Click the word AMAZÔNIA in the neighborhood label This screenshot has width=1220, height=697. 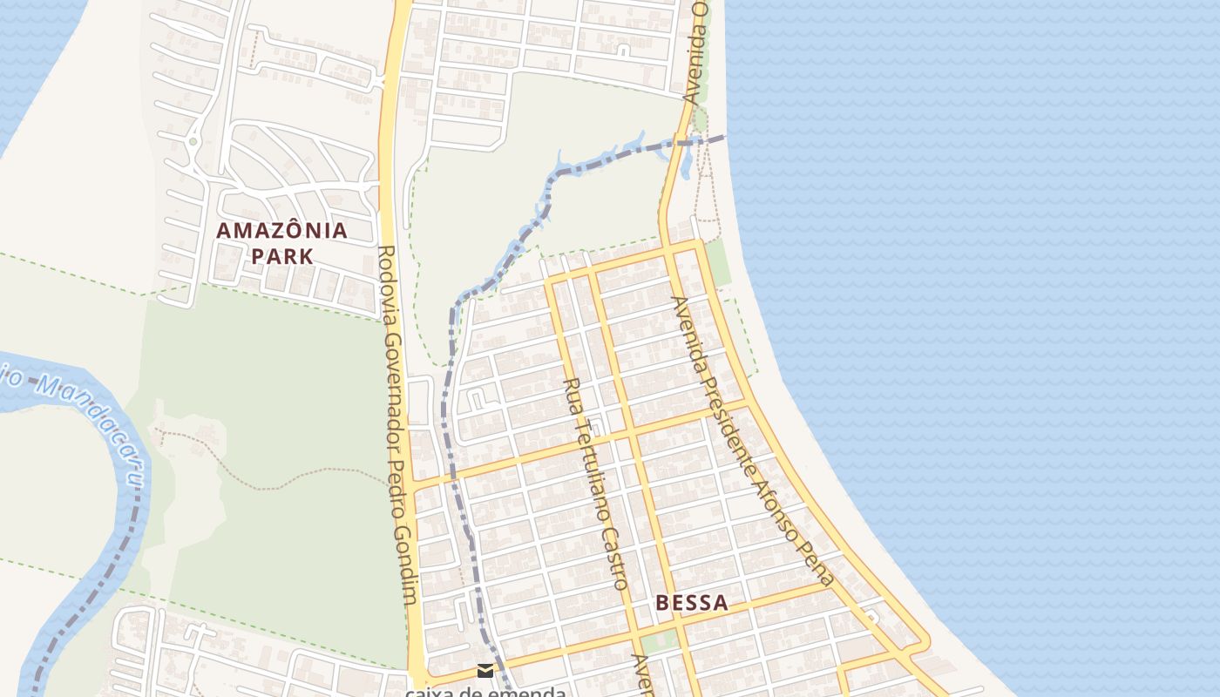pos(281,231)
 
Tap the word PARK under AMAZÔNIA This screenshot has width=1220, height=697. pos(281,257)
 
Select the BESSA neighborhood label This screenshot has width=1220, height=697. pos(691,603)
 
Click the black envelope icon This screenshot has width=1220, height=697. pos(485,671)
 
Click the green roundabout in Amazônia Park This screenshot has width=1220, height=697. pos(193,140)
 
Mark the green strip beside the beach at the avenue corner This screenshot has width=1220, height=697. pos(717,261)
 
